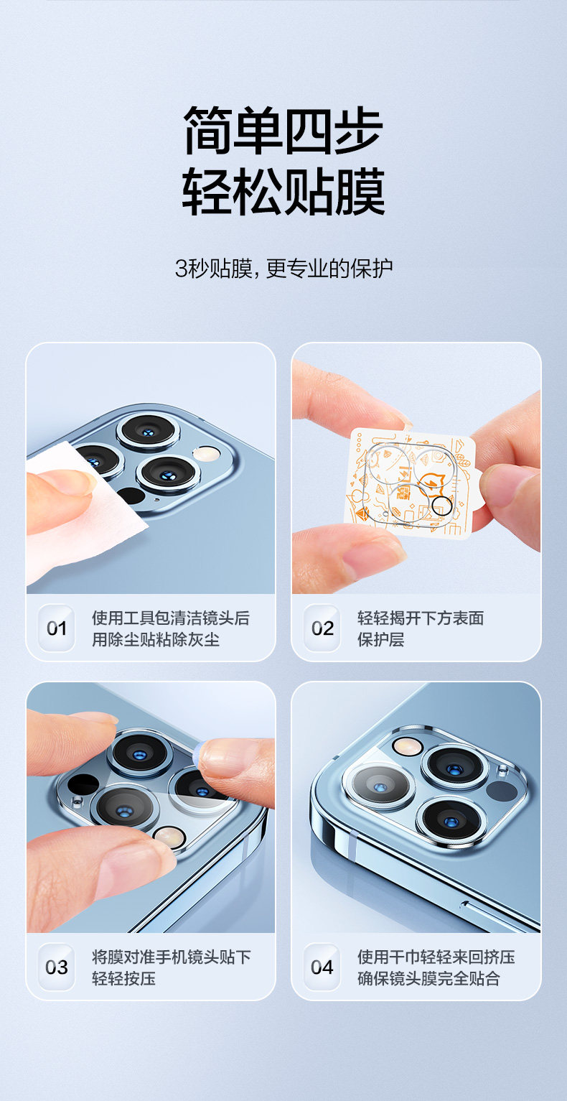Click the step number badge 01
[x=57, y=628]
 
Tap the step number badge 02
[x=322, y=628]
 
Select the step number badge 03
[x=57, y=967]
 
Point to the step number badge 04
[x=322, y=967]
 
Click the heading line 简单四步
[x=283, y=130]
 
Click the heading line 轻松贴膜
[x=283, y=191]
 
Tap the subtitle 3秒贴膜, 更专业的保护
[x=283, y=269]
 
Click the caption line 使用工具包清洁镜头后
[x=171, y=618]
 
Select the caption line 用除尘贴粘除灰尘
[x=155, y=639]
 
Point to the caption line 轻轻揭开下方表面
[x=421, y=618]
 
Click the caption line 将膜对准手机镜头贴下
[x=171, y=957]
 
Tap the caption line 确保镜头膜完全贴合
[x=428, y=979]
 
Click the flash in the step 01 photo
[x=206, y=453]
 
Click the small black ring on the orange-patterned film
[x=441, y=505]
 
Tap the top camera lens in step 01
[x=148, y=432]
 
